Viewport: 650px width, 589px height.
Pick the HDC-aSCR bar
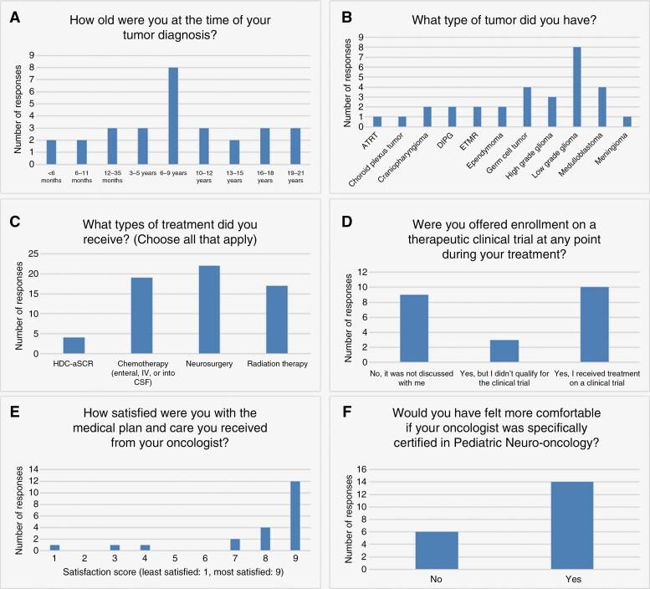tap(74, 345)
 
